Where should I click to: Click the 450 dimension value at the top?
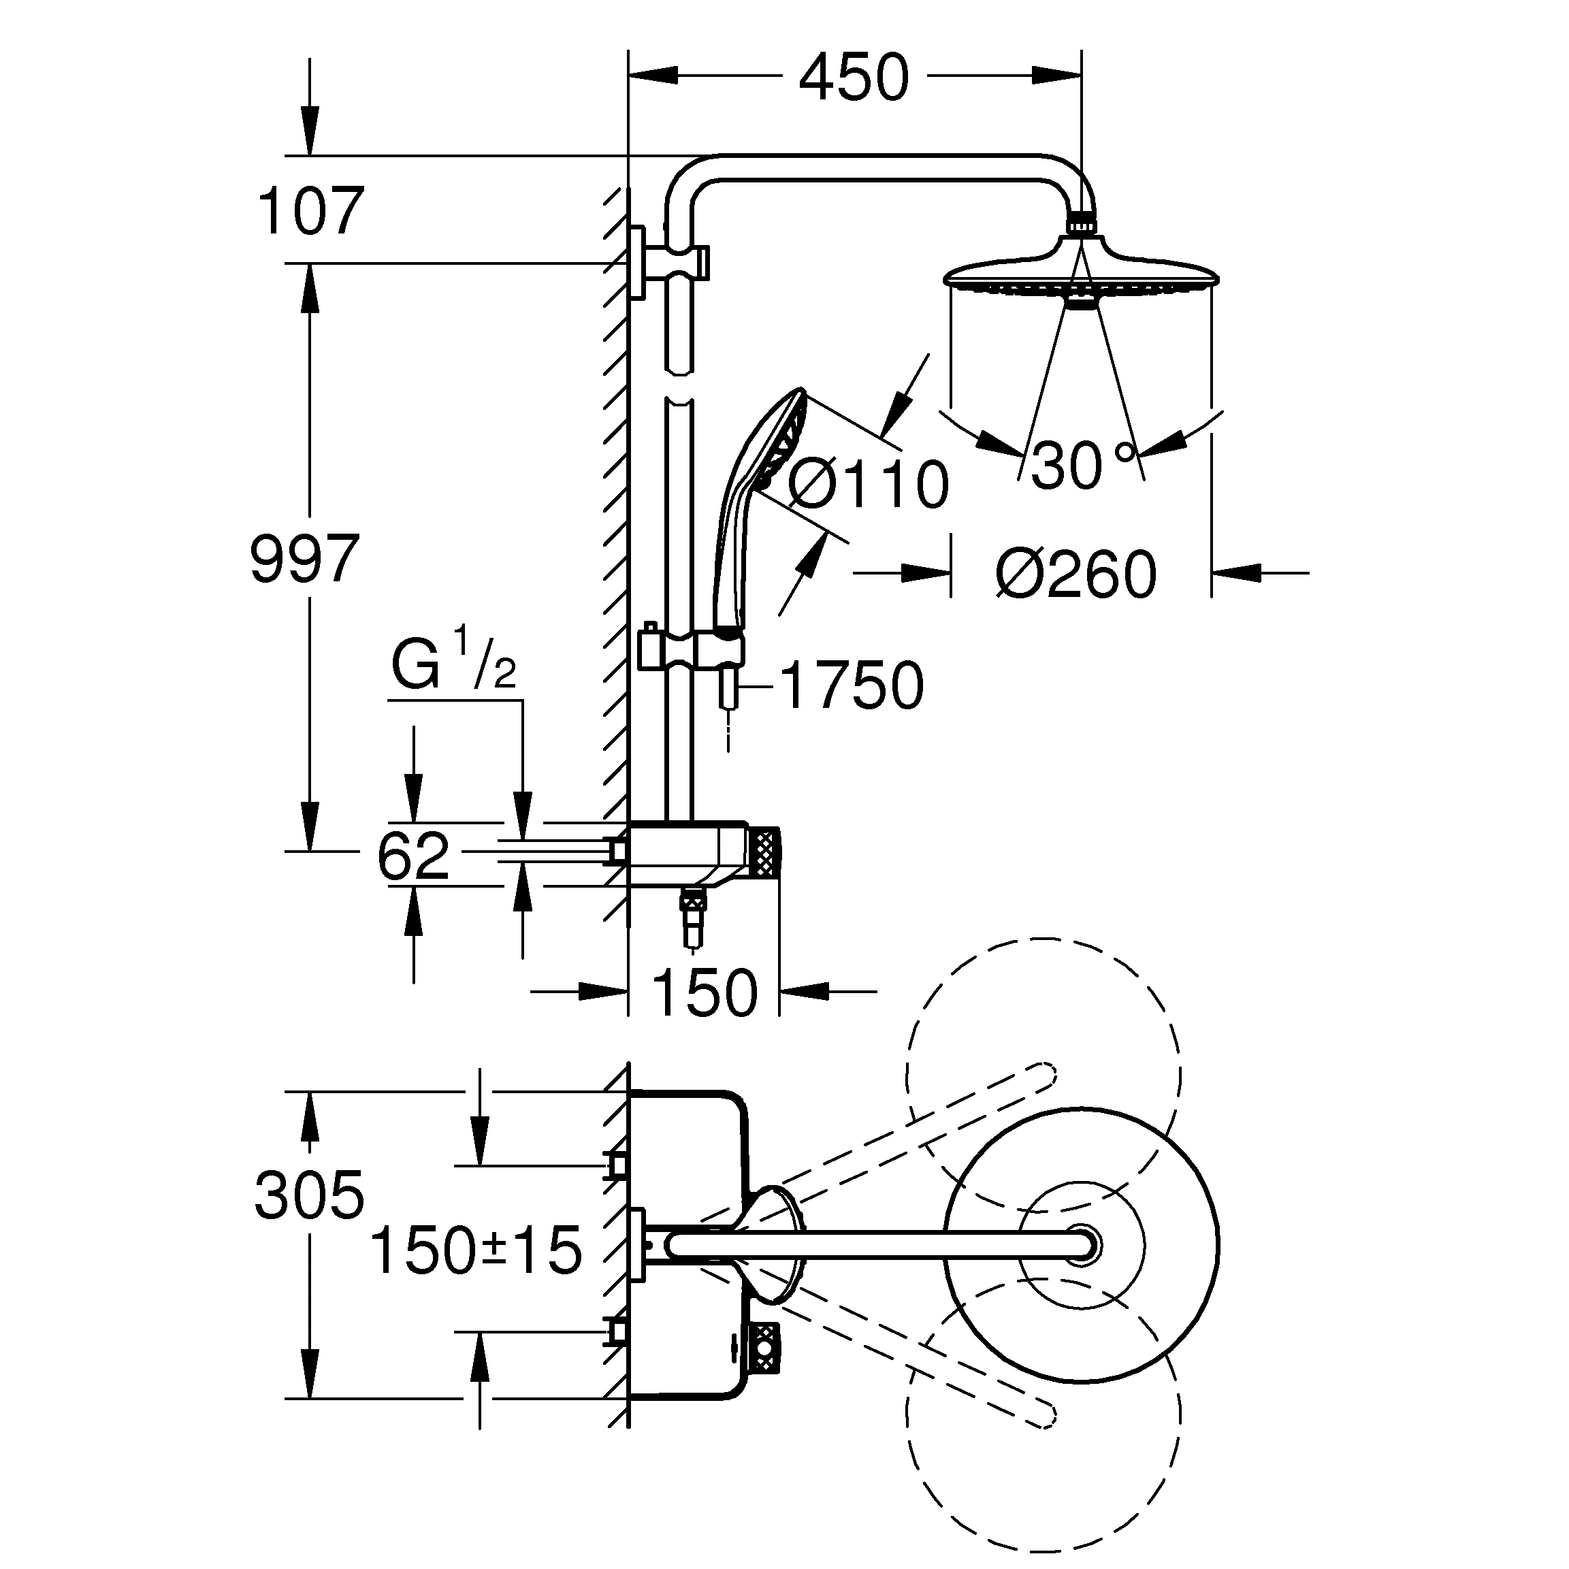pos(854,79)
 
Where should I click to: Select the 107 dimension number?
pos(310,211)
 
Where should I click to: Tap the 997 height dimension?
pos(304,559)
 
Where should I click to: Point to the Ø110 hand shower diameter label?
pos(867,485)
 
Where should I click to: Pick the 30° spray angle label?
pos(1080,466)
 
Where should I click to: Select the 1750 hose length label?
pos(851,685)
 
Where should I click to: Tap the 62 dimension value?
pos(413,856)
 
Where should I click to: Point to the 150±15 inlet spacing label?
pos(476,1250)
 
